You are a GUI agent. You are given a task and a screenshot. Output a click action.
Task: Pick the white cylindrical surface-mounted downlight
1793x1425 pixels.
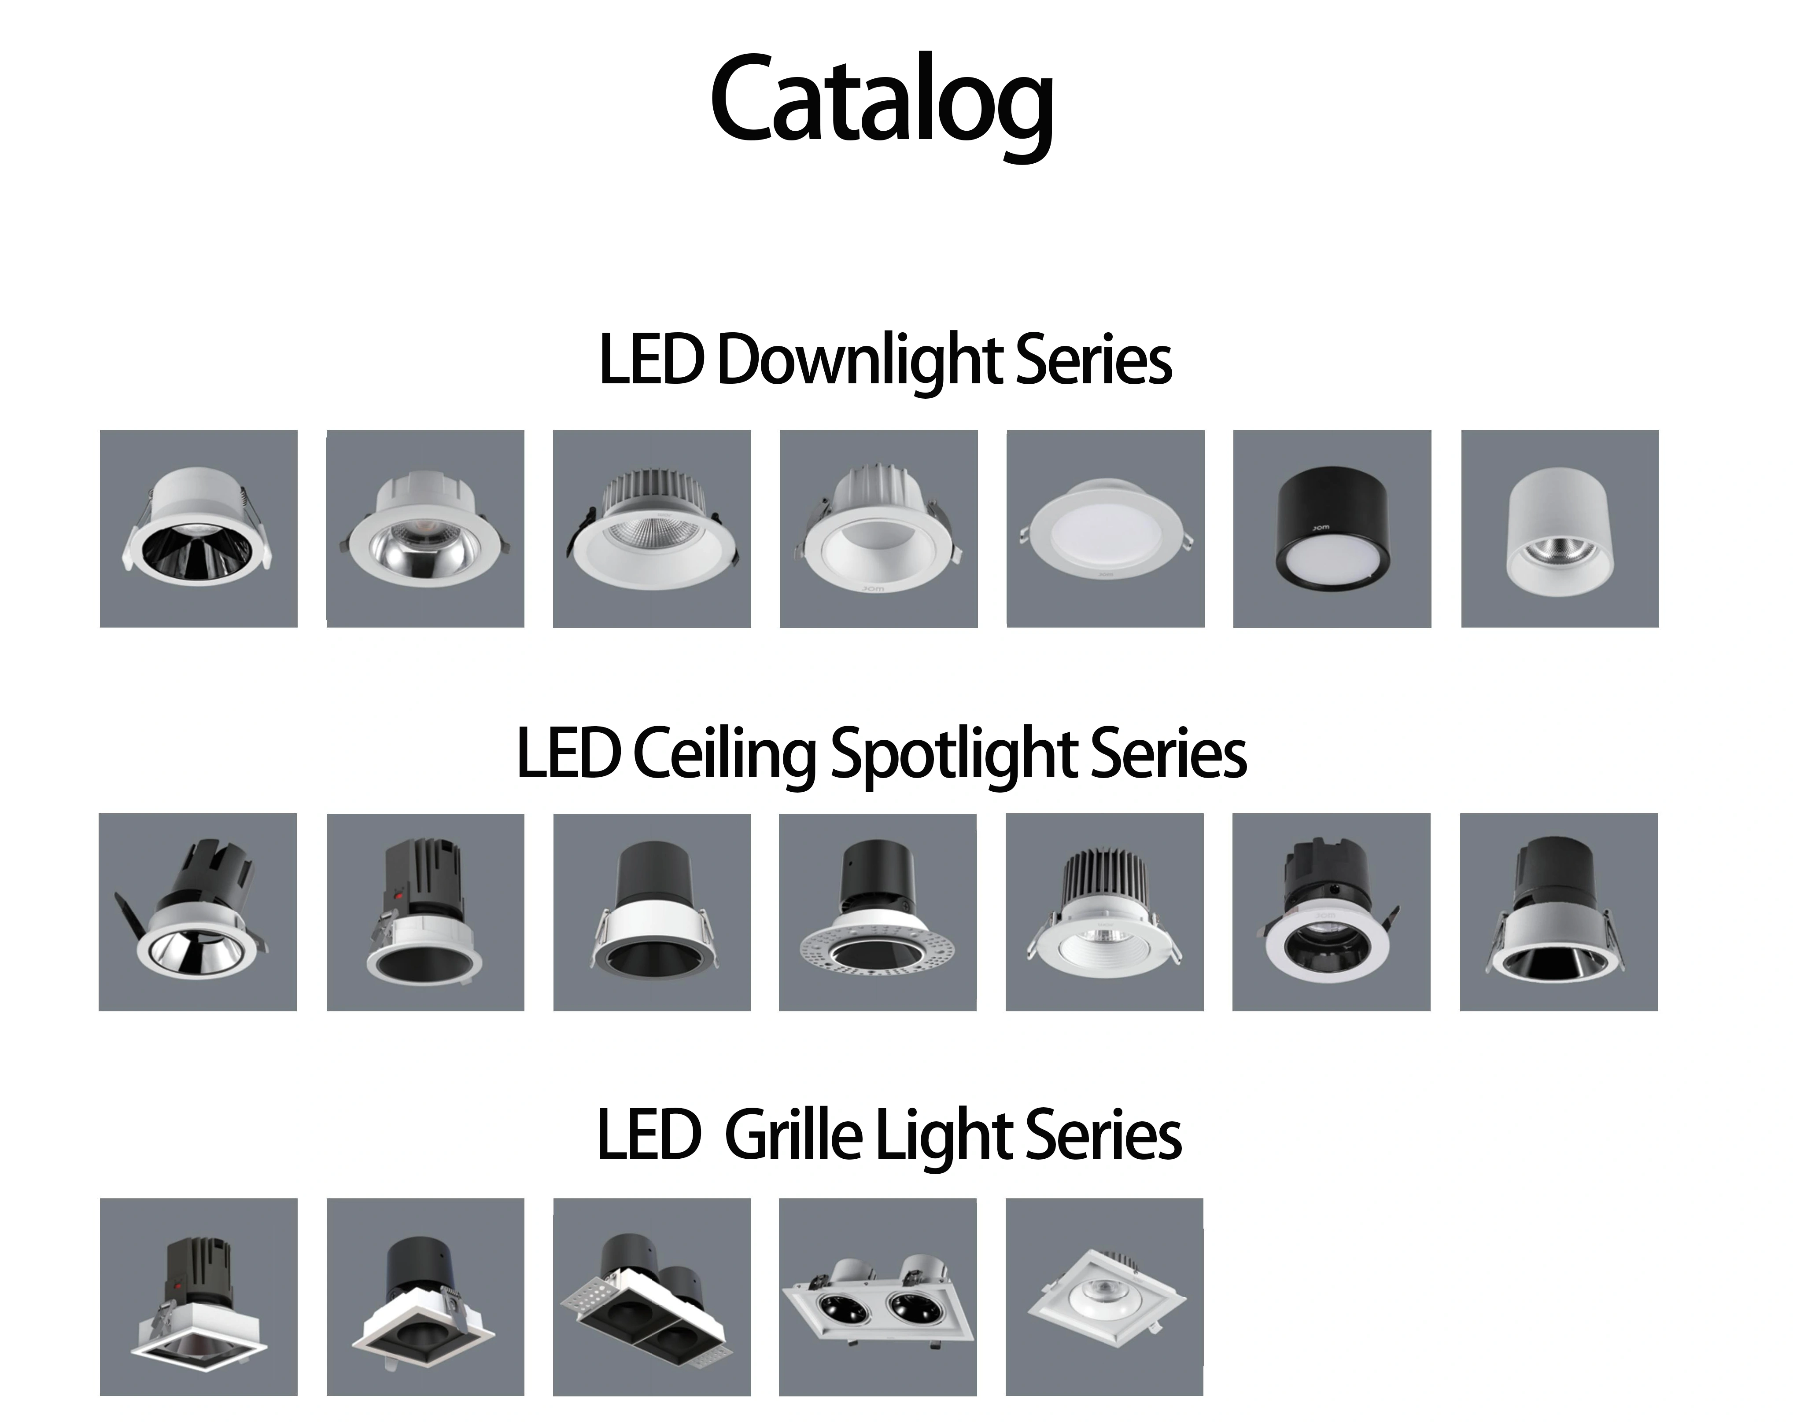pos(1559,532)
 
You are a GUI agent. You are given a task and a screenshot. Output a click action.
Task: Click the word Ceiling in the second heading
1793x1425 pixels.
pos(723,754)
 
